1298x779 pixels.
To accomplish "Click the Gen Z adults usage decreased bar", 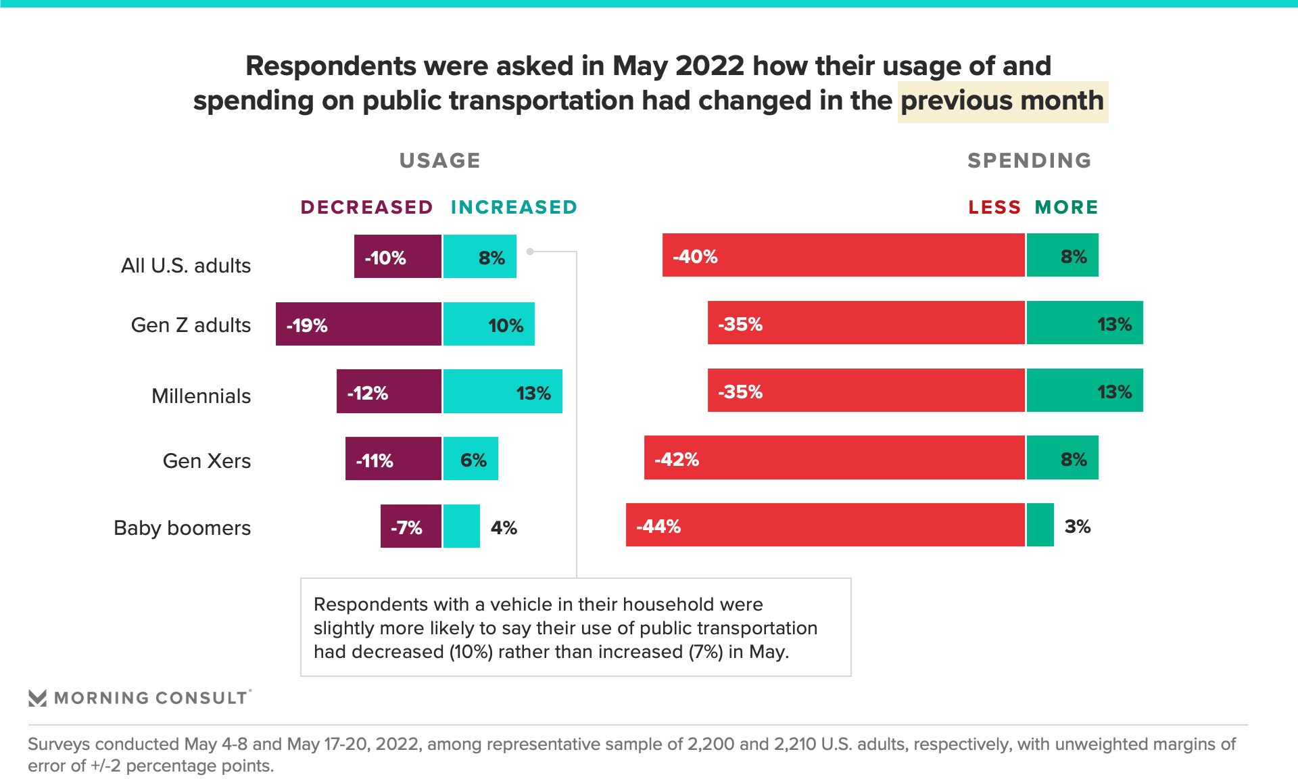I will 358,324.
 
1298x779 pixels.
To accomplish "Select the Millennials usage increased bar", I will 502,391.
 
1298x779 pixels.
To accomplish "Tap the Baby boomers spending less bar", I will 825,525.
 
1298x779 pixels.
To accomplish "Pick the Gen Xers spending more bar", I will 1062,458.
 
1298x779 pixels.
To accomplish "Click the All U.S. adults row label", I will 185,265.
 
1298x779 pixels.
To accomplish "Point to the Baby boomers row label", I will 182,527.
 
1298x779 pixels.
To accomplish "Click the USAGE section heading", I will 439,160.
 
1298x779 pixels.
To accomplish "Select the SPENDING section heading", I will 1029,160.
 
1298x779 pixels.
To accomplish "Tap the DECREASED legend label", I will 366,207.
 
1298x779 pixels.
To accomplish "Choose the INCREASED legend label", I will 514,207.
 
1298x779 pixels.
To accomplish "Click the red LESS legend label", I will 994,207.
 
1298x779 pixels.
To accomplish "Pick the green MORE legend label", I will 1066,207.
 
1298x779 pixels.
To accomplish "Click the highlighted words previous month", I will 1002,101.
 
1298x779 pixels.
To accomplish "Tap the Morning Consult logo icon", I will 37,698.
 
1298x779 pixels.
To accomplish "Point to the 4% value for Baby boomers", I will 504,527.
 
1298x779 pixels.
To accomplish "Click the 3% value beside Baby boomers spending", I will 1077,526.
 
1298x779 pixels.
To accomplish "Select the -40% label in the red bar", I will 695,256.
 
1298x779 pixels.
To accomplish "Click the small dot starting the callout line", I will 530,252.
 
